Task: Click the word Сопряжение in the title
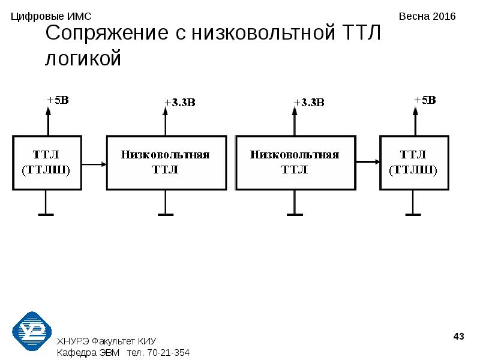(x=107, y=33)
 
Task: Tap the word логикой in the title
(x=83, y=58)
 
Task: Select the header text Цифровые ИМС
(x=51, y=17)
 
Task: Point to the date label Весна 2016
(x=427, y=16)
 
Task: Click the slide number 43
(x=458, y=337)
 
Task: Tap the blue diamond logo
(x=32, y=331)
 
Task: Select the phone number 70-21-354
(x=169, y=353)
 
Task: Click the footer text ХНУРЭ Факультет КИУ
(x=107, y=341)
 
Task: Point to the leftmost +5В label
(x=58, y=100)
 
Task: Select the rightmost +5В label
(x=425, y=100)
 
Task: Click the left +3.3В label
(x=180, y=103)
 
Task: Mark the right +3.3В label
(x=309, y=103)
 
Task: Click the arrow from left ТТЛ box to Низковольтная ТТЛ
(x=94, y=164)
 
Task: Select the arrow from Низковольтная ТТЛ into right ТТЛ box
(x=368, y=161)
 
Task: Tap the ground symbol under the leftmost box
(x=46, y=215)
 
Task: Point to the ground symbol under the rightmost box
(x=413, y=215)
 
